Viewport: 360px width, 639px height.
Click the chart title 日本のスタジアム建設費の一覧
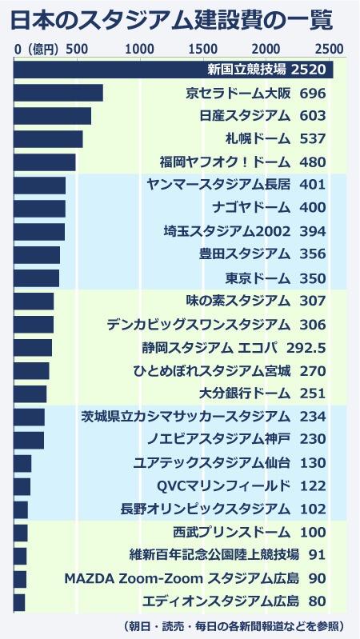click(171, 21)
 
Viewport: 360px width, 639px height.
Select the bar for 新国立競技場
click(174, 70)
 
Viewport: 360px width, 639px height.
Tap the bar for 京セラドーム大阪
click(58, 93)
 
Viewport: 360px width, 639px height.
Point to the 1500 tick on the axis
click(203, 50)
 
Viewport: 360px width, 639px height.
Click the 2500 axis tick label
click(329, 50)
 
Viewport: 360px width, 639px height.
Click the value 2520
click(309, 70)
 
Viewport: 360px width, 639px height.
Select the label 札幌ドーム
click(258, 139)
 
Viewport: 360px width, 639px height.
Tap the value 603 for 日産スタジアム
click(313, 116)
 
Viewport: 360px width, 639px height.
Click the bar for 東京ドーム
click(36, 278)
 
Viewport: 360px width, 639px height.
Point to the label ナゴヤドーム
click(251, 208)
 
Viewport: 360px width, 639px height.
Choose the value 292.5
click(306, 348)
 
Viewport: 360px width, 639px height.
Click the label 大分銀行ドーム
click(245, 393)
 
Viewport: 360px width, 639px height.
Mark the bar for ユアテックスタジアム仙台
click(22, 463)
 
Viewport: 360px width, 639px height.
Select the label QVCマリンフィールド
click(224, 486)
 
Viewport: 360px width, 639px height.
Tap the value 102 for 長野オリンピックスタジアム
click(313, 509)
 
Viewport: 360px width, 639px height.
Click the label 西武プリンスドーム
click(231, 532)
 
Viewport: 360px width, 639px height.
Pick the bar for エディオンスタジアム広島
click(19, 603)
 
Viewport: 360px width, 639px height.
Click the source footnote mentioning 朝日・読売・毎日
click(234, 625)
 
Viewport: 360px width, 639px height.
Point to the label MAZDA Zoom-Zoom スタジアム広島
click(182, 578)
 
